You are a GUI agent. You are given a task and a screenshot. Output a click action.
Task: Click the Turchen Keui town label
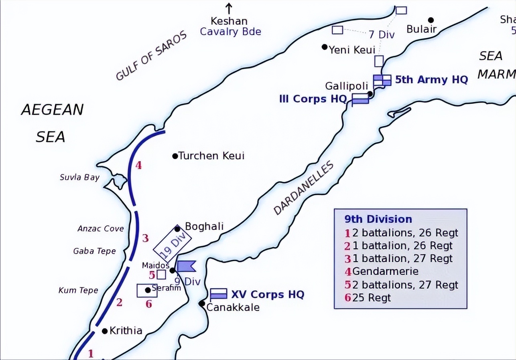(211, 156)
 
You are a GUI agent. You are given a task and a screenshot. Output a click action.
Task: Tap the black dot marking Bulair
(431, 20)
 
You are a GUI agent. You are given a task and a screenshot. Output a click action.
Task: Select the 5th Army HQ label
(431, 79)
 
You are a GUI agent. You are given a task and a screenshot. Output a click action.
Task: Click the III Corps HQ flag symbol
(360, 99)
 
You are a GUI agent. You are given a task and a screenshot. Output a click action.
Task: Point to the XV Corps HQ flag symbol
(219, 293)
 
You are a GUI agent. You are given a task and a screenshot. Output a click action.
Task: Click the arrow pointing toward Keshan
(229, 8)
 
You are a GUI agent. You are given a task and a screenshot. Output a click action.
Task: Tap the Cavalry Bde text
(230, 32)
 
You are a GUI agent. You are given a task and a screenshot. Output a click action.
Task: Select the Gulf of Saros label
(152, 56)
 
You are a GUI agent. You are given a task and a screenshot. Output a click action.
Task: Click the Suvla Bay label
(79, 177)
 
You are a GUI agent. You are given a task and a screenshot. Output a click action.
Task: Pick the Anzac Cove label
(100, 229)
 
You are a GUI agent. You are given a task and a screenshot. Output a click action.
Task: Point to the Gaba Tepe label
(94, 251)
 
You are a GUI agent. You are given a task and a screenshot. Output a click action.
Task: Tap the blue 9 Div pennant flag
(186, 266)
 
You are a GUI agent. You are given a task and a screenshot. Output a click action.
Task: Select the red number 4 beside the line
(138, 165)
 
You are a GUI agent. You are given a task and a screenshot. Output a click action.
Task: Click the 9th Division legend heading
(378, 219)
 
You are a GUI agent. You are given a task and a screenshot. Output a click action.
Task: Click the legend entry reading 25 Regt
(371, 297)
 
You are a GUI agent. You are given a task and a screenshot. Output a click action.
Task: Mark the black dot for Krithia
(105, 331)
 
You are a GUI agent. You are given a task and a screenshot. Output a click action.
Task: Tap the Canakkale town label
(233, 307)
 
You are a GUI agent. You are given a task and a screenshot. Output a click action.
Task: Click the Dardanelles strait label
(304, 188)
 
